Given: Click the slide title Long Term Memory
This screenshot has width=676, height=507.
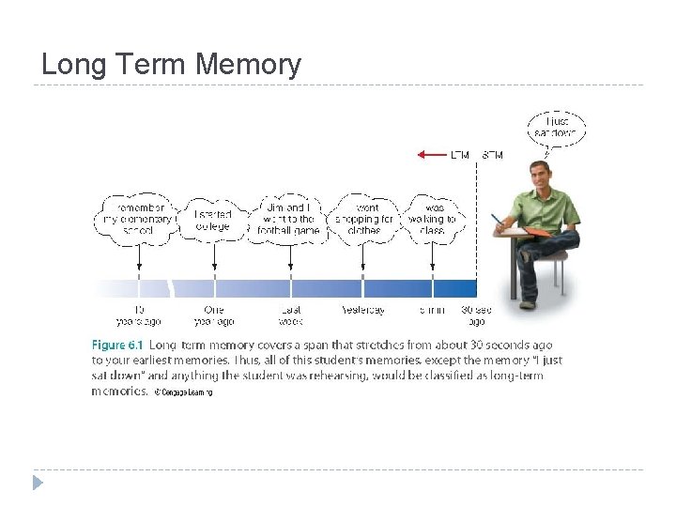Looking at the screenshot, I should click(x=172, y=65).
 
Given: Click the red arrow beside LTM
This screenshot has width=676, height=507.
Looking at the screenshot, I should click(x=431, y=154).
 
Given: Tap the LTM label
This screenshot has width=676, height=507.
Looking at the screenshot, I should click(x=460, y=154).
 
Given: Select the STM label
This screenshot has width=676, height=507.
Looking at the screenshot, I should click(x=492, y=154).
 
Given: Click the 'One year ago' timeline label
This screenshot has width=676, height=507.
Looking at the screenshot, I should click(x=214, y=315).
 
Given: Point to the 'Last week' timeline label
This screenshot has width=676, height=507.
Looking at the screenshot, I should click(x=291, y=315).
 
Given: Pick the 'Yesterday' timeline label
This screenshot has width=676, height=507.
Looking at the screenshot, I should click(x=362, y=310).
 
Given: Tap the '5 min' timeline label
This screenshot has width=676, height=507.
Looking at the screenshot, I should click(x=432, y=310).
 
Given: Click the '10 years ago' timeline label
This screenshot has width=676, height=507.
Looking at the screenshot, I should click(x=139, y=315).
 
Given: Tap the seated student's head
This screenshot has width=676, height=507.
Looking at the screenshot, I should click(x=539, y=175).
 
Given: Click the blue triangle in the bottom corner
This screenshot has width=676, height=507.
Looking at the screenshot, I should click(x=38, y=483).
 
